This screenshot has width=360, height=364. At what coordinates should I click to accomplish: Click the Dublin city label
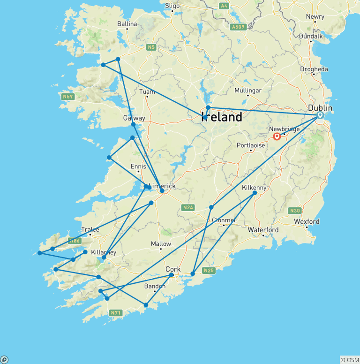point(320,108)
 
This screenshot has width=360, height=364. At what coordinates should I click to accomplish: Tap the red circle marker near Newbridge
point(277,136)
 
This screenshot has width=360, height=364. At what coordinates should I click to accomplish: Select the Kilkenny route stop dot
point(255,193)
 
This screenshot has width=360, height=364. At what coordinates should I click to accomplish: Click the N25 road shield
point(209,271)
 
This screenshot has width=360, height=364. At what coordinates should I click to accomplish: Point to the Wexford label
point(307,221)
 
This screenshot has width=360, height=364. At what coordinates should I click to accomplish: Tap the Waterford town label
point(263,230)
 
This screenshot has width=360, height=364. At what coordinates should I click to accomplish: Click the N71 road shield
point(115,312)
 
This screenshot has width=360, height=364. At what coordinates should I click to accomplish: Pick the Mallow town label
point(161,244)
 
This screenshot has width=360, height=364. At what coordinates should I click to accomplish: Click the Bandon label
point(155,286)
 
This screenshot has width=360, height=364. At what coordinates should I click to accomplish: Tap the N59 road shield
point(67,97)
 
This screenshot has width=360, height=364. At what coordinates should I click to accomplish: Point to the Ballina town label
point(127,24)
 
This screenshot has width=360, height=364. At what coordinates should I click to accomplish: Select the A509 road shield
point(238,27)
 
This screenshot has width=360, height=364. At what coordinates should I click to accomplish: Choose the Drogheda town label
point(314,69)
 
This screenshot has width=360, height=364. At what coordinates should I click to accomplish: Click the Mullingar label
point(247,91)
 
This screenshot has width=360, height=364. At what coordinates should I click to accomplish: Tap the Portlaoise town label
point(250,145)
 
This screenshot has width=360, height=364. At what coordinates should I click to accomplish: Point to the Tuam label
point(147,91)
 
